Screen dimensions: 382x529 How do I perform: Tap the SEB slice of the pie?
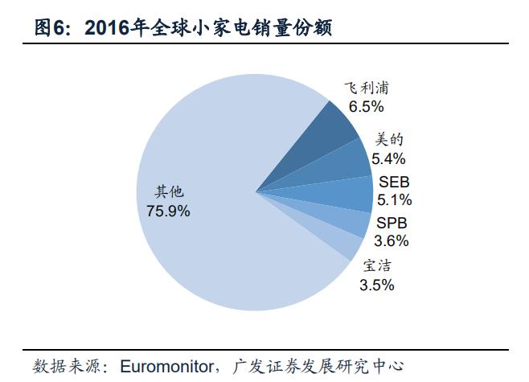346,191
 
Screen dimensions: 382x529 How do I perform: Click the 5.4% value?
390,158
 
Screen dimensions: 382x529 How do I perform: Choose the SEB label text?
394,183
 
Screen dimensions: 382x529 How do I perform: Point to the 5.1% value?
394,199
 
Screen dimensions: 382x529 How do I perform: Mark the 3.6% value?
392,240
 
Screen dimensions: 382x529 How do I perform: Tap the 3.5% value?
377,284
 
